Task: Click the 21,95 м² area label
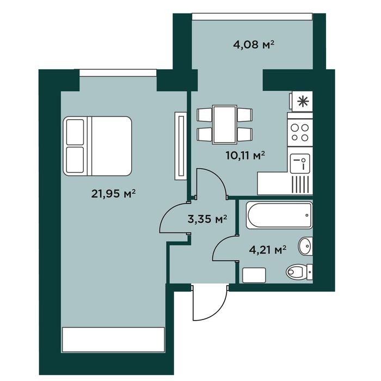[x=113, y=194]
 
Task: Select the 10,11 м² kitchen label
[x=245, y=156]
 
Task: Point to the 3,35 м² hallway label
[x=207, y=219]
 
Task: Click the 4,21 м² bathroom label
[x=268, y=249]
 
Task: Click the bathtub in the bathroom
[x=279, y=216]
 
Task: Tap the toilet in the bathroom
[x=299, y=272]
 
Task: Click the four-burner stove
[x=300, y=133]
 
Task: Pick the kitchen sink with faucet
[x=300, y=163]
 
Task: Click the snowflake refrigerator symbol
[x=303, y=101]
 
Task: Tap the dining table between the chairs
[x=224, y=125]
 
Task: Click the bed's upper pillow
[x=75, y=132]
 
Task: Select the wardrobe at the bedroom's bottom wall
[x=113, y=340]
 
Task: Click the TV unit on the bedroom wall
[x=181, y=146]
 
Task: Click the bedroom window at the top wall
[x=118, y=73]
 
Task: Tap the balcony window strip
[x=252, y=16]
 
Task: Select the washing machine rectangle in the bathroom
[x=254, y=275]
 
